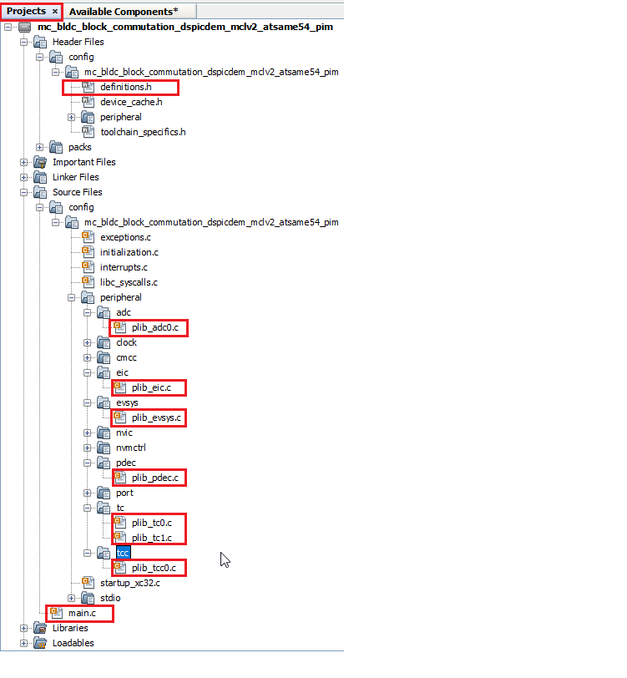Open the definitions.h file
[125, 87]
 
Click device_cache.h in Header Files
[131, 102]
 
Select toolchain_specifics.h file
[143, 132]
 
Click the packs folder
[79, 147]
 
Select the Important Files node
[83, 162]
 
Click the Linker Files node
[75, 177]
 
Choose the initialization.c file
[129, 252]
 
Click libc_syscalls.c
[129, 282]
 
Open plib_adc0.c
[154, 327]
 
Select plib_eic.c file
[151, 387]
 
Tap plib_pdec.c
[154, 478]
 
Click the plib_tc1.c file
[151, 538]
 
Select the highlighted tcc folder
[123, 553]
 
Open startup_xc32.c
[130, 583]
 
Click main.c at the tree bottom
[82, 613]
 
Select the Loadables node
[73, 643]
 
